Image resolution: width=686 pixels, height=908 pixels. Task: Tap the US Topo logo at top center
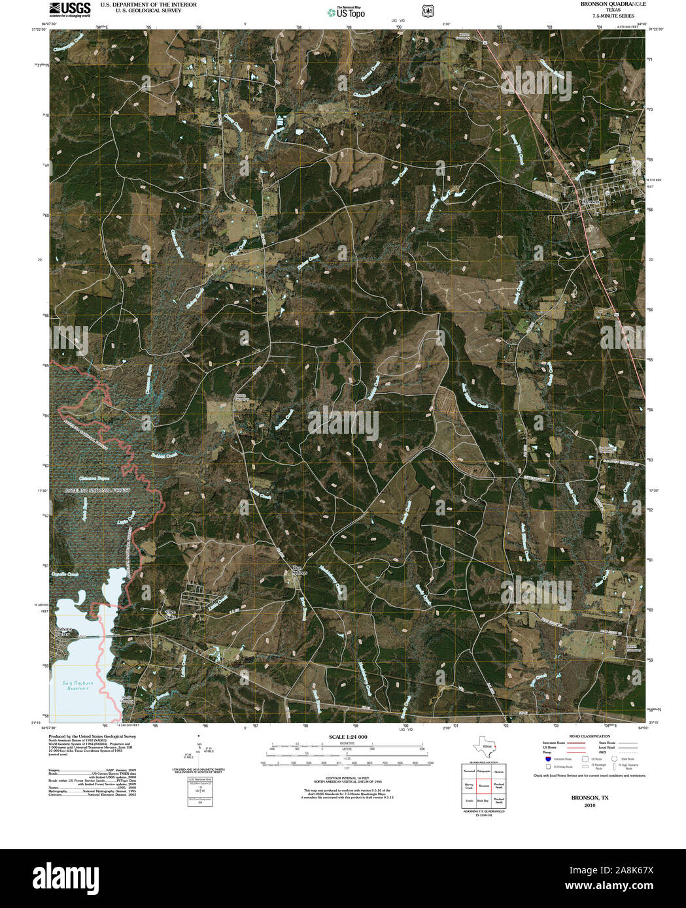(x=346, y=12)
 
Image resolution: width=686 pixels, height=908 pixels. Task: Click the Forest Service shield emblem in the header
(x=428, y=11)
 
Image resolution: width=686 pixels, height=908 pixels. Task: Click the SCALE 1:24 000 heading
(x=348, y=737)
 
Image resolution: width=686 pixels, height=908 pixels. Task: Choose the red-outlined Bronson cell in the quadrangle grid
(x=484, y=785)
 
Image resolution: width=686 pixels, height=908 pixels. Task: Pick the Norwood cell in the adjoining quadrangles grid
(x=469, y=771)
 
